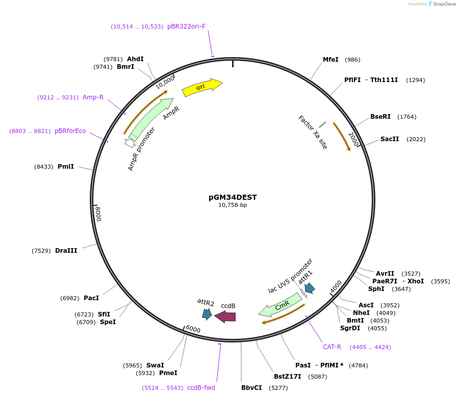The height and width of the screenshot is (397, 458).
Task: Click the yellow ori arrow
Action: pyautogui.click(x=201, y=87)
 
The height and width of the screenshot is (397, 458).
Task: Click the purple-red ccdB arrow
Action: pyautogui.click(x=225, y=316)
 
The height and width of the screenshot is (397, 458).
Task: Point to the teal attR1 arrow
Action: pyautogui.click(x=310, y=288)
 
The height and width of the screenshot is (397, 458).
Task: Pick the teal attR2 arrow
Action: pyautogui.click(x=207, y=314)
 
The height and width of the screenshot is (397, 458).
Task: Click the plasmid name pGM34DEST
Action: pyautogui.click(x=233, y=197)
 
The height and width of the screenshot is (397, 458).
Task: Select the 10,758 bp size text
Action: pyautogui.click(x=233, y=205)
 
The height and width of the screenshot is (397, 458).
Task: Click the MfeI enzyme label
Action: pyautogui.click(x=330, y=60)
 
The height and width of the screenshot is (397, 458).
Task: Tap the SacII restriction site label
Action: pyautogui.click(x=389, y=139)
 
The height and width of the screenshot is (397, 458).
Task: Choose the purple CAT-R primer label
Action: pyautogui.click(x=332, y=347)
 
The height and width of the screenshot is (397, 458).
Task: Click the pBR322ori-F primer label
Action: pyautogui.click(x=186, y=27)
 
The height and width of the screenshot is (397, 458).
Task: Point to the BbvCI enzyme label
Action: pyautogui.click(x=251, y=388)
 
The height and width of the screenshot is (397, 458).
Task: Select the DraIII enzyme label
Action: pyautogui.click(x=66, y=251)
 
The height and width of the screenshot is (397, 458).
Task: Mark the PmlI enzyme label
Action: pyautogui.click(x=65, y=167)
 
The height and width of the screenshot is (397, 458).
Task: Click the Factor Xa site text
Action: pyautogui.click(x=313, y=132)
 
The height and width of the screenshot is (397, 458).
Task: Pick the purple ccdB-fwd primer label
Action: pyautogui.click(x=201, y=388)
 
